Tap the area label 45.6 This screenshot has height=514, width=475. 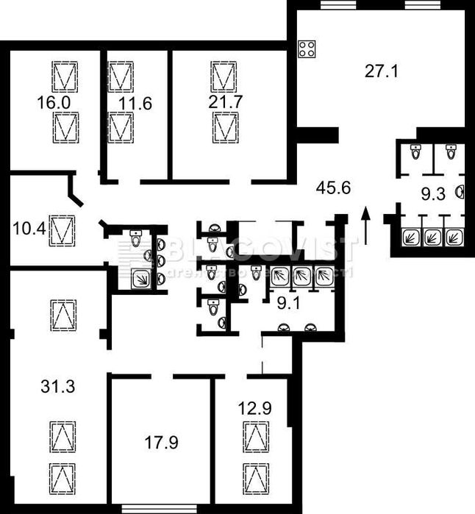click(x=333, y=188)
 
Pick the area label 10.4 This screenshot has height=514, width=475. click(x=29, y=229)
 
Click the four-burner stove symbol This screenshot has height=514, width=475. click(x=307, y=50)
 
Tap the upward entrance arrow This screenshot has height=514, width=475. click(x=366, y=225)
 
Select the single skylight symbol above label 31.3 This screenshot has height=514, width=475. click(x=63, y=315)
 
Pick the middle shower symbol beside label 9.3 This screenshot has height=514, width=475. click(x=432, y=238)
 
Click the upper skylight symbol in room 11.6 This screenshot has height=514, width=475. click(x=121, y=76)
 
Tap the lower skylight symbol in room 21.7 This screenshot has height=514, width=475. click(x=225, y=128)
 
